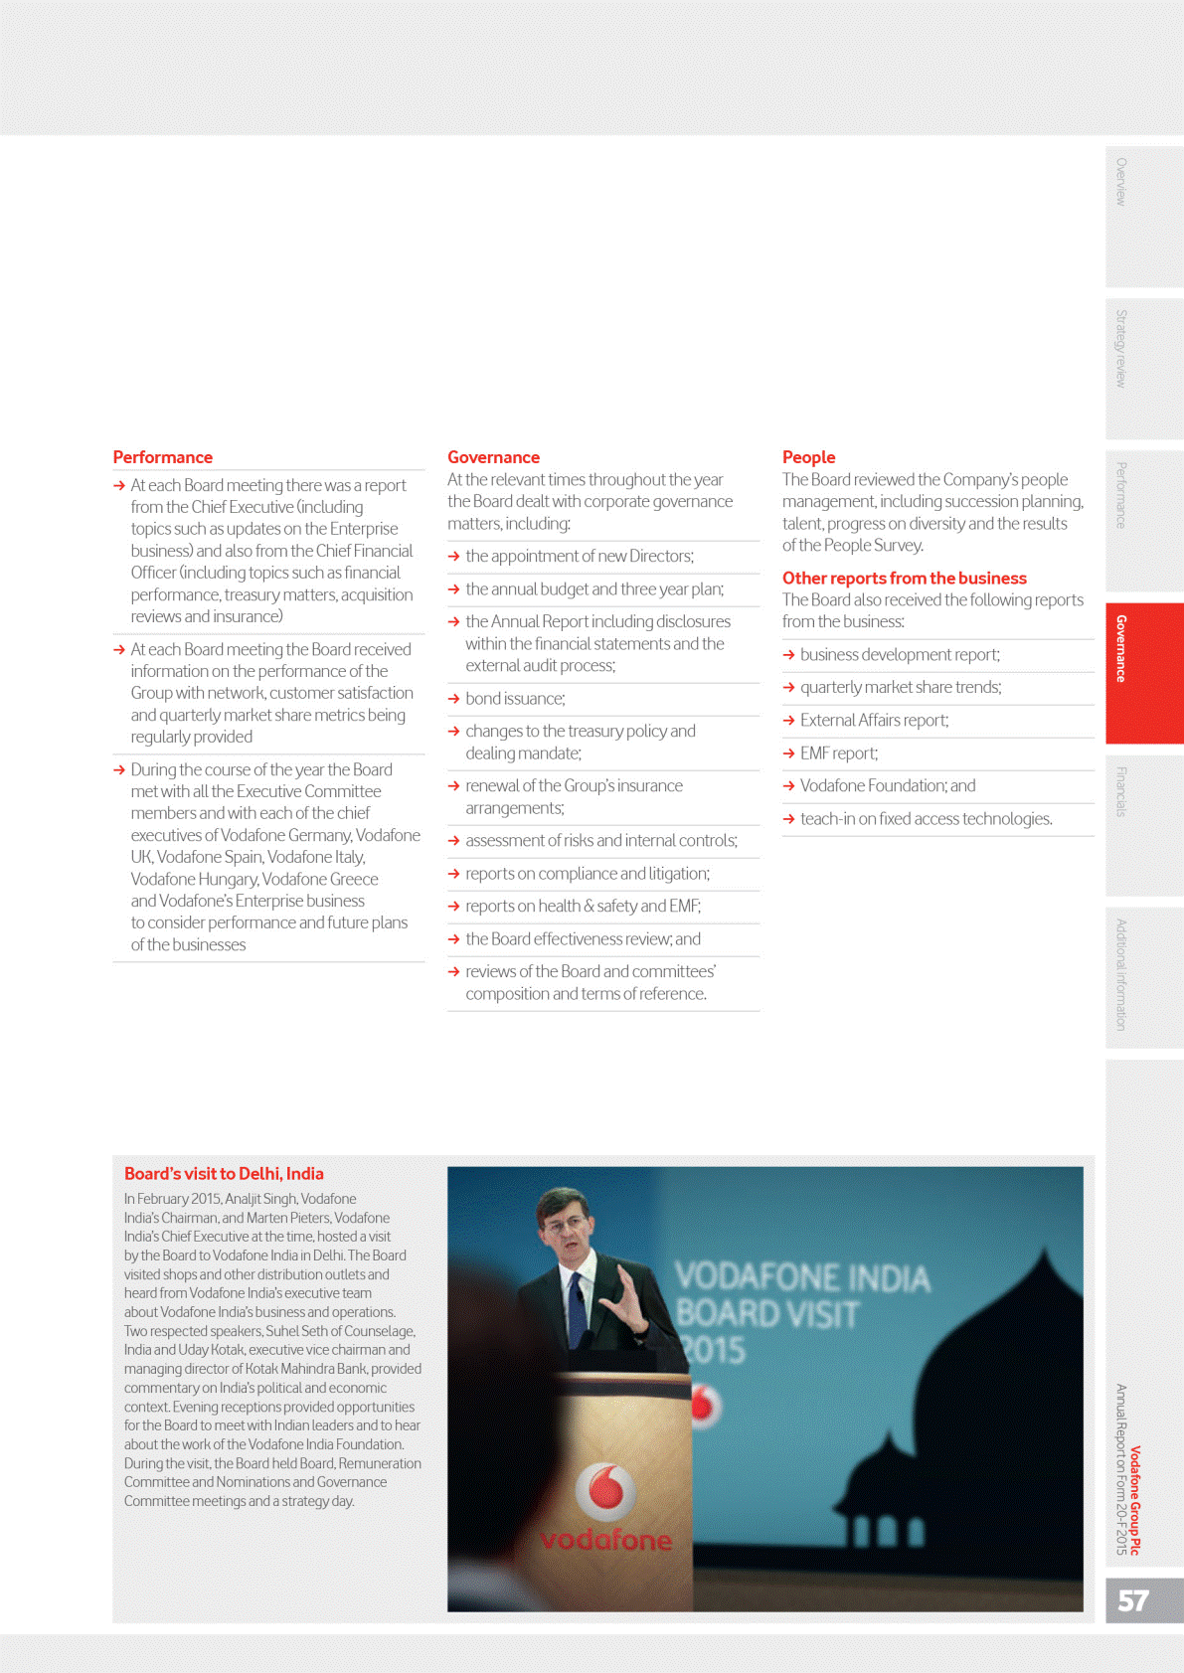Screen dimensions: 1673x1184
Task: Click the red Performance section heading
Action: click(162, 457)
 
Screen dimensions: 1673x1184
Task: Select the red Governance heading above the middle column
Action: click(493, 457)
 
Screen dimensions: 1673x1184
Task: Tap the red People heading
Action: click(808, 457)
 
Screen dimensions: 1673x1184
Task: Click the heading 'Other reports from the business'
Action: click(904, 578)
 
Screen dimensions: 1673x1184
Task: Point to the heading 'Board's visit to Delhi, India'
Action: click(224, 1173)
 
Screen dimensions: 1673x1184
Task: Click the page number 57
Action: click(1133, 1600)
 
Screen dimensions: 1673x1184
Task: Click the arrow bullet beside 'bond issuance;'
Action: click(454, 699)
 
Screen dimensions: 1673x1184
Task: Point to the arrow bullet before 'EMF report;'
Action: click(789, 753)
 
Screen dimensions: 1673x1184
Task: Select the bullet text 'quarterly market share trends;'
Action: click(900, 687)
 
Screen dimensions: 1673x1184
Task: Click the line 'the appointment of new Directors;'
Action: click(579, 556)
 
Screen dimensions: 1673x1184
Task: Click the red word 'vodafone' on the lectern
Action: click(605, 1540)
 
